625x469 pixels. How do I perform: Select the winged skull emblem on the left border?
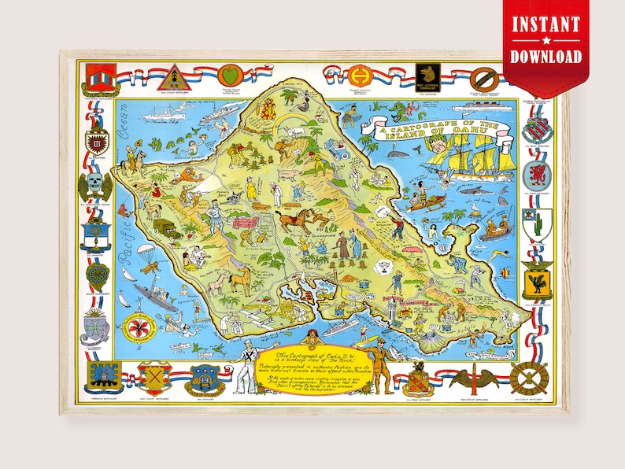click(95, 186)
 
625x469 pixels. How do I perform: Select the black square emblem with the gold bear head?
click(426, 76)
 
